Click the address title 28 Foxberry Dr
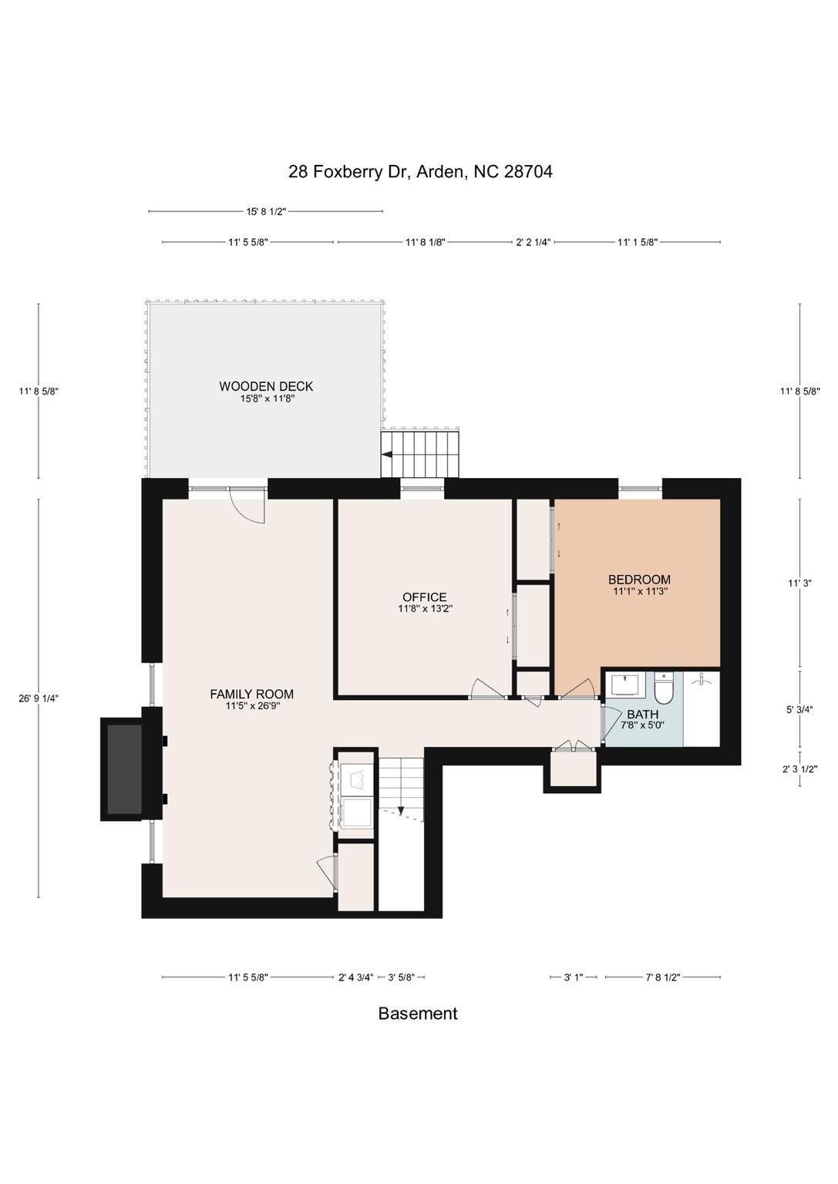pos(420,171)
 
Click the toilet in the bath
pos(664,687)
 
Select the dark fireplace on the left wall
pos(123,768)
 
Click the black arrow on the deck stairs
pos(386,456)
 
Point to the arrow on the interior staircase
pos(400,810)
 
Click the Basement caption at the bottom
pos(417,1014)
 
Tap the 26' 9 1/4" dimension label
pos(39,698)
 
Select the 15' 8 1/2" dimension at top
pos(266,211)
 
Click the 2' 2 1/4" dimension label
pos(533,242)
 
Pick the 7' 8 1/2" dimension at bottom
pos(662,977)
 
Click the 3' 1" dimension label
pos(573,977)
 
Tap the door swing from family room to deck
pos(248,508)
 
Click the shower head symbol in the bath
pos(701,681)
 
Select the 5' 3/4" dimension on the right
pos(799,710)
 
